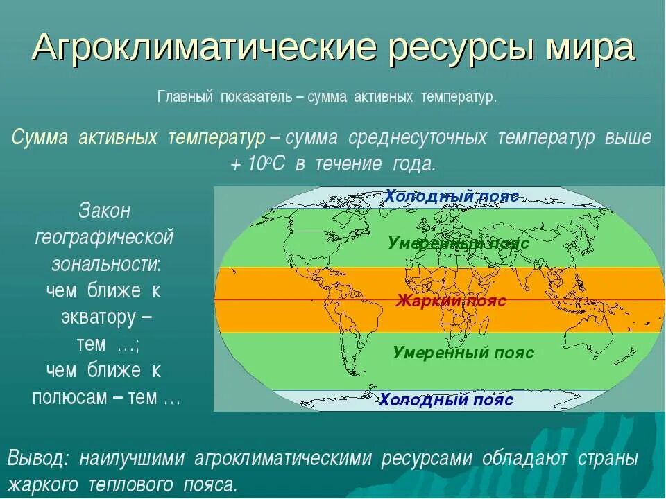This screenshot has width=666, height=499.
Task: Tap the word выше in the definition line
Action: tap(627, 138)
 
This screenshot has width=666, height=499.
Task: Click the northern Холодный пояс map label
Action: tap(452, 196)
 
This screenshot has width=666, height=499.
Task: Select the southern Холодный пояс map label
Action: tap(446, 400)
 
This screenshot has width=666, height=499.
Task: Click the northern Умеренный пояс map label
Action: tap(459, 243)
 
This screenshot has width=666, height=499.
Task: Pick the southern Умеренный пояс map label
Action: tap(463, 352)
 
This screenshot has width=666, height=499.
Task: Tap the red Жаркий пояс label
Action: tap(451, 301)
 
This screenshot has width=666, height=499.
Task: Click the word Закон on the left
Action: tap(105, 210)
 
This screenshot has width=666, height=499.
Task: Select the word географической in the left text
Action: tap(104, 238)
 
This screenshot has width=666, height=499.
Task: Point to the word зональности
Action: tap(105, 264)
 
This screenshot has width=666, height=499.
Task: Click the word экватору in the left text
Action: tap(98, 317)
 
